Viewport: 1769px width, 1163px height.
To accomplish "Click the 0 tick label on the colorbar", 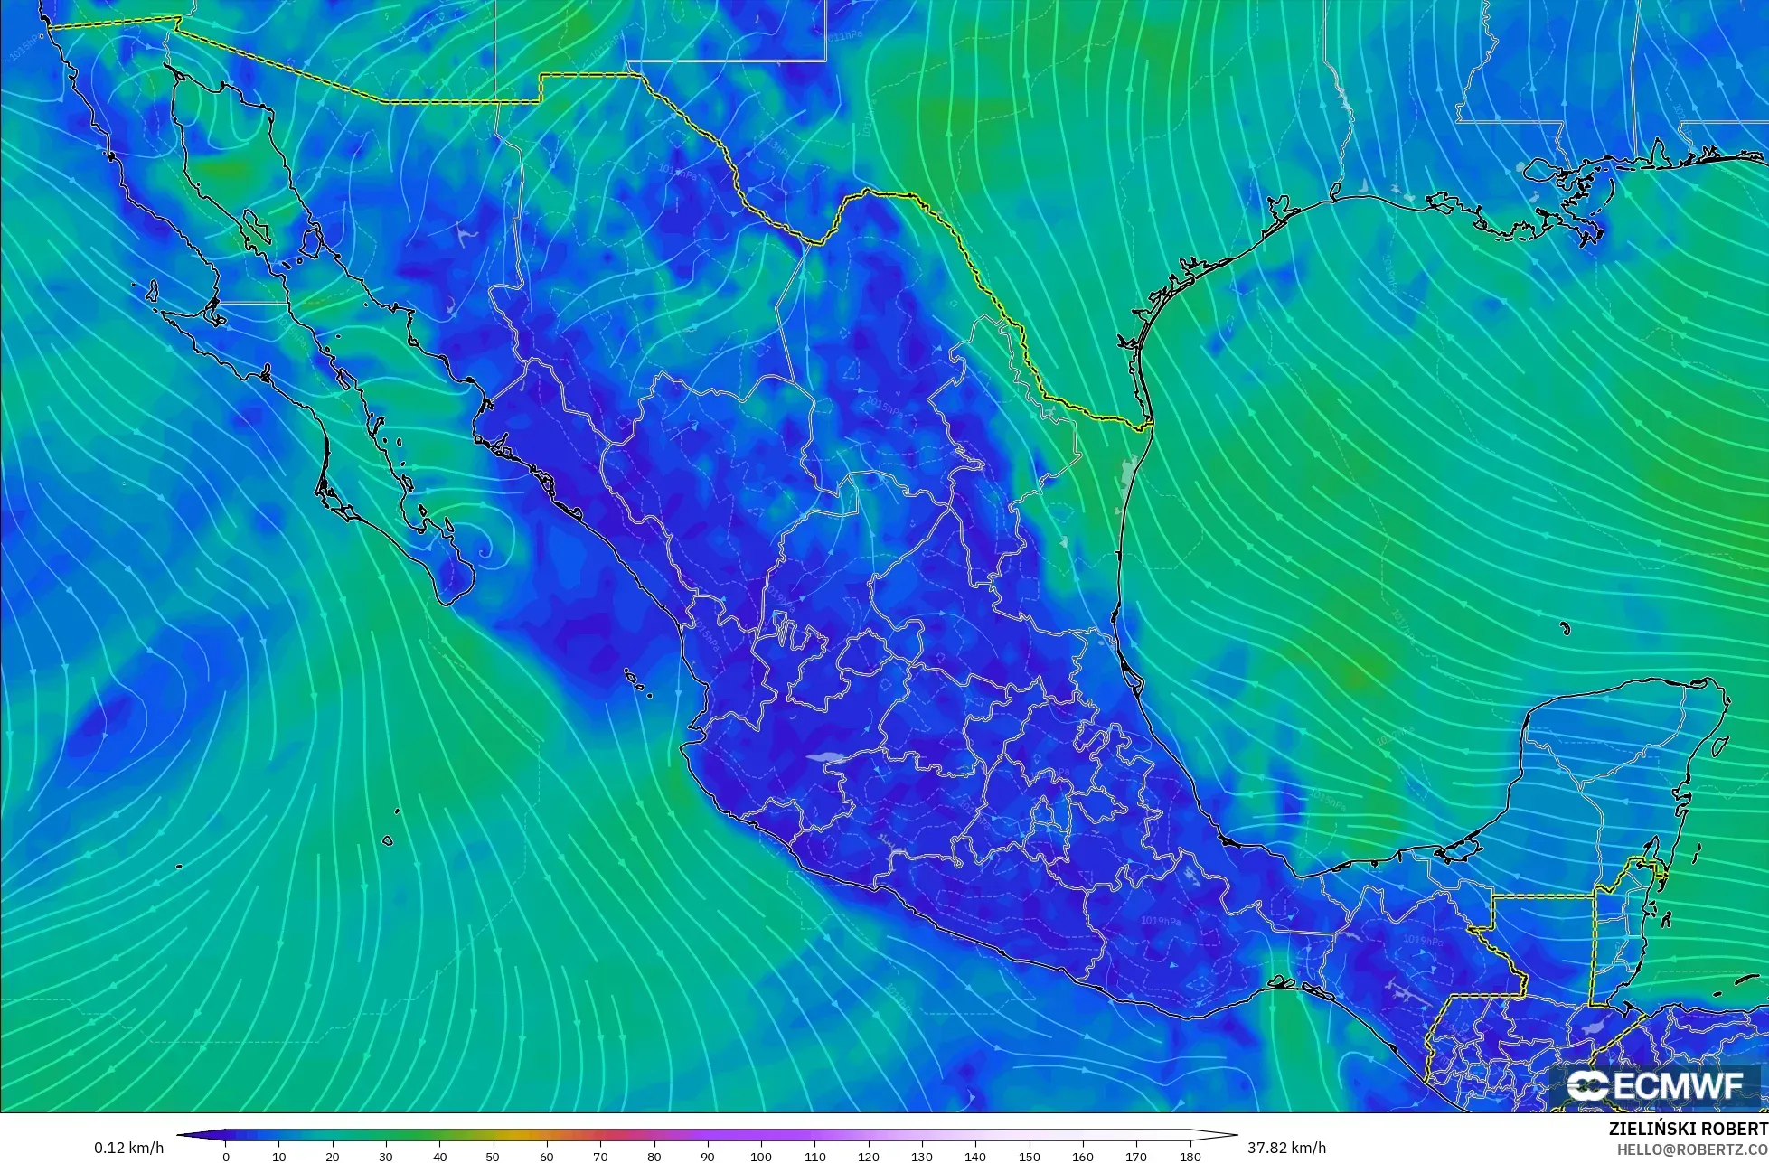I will (226, 1156).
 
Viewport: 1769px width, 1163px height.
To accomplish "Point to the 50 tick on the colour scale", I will (494, 1156).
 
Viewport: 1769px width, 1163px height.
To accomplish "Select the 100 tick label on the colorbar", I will (761, 1156).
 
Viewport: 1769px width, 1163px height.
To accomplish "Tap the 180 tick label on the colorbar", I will (1190, 1156).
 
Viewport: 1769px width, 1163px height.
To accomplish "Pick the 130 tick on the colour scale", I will (922, 1156).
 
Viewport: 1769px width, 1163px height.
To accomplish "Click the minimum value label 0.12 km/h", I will (129, 1148).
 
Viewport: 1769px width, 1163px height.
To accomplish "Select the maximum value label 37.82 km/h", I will (1287, 1148).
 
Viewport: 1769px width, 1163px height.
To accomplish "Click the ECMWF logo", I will (1657, 1086).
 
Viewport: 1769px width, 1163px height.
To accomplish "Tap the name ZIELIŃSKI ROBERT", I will (1688, 1129).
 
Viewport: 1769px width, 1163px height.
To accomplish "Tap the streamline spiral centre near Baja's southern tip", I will (485, 549).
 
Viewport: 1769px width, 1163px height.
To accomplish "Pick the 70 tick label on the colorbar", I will (600, 1156).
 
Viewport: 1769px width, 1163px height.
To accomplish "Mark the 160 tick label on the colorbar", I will (1083, 1156).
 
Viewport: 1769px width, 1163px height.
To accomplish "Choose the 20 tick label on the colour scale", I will (333, 1156).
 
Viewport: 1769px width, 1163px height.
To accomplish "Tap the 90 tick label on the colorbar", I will (708, 1156).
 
